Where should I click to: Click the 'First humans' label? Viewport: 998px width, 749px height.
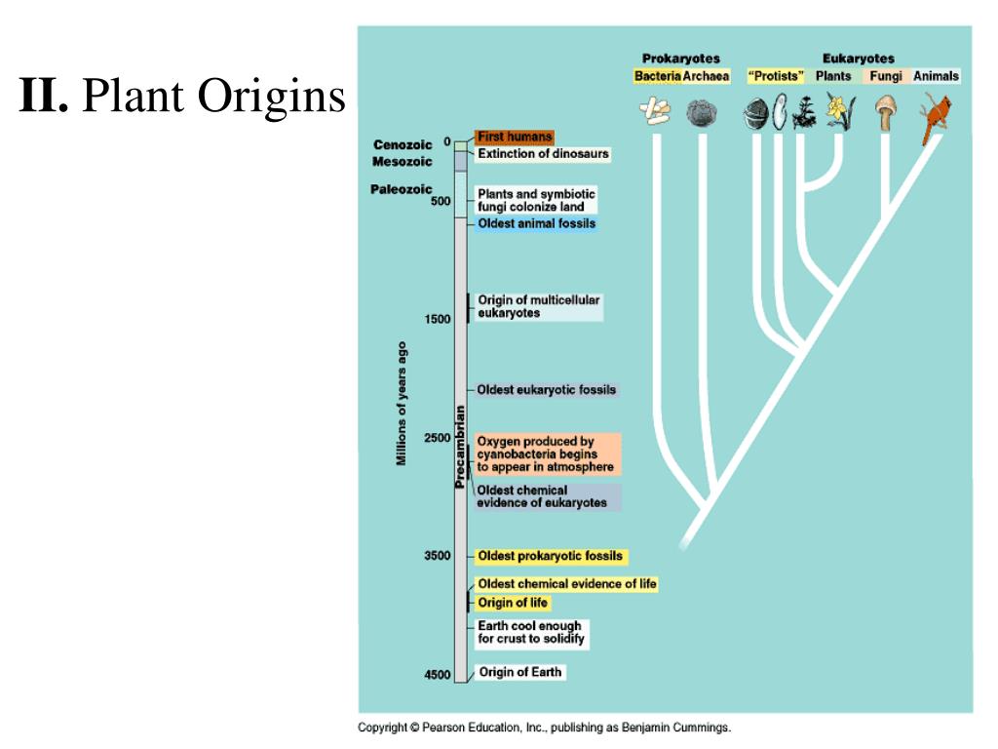(514, 138)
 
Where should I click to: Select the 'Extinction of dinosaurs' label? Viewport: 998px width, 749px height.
(542, 154)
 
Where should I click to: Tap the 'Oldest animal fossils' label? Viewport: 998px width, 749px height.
(535, 224)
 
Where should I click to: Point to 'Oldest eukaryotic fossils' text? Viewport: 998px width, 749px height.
(546, 390)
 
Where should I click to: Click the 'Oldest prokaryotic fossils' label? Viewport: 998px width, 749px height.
(549, 557)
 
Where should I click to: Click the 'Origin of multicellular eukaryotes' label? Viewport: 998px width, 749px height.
(538, 307)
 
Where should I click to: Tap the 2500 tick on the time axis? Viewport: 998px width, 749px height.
(437, 438)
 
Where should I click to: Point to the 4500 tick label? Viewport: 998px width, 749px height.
(437, 675)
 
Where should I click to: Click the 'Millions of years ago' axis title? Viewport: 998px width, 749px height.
(402, 403)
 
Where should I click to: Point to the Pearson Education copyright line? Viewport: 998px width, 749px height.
(544, 728)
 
